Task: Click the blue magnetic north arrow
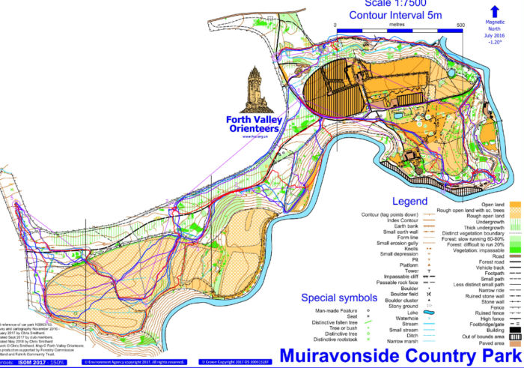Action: [495, 10]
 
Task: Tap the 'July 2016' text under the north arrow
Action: [495, 35]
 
